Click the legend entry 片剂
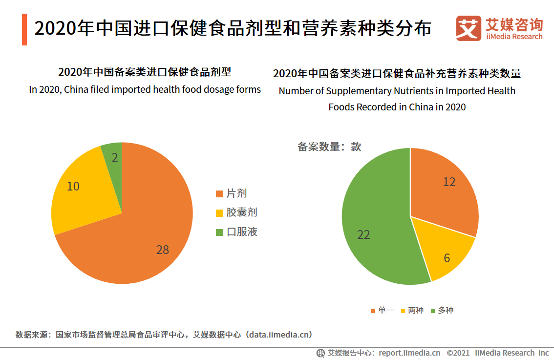click(x=231, y=193)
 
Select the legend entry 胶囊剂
click(x=236, y=212)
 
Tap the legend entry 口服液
click(x=236, y=232)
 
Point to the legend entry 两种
click(x=411, y=310)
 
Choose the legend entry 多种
click(x=441, y=310)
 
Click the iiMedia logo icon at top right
click(x=468, y=28)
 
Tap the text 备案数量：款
click(x=329, y=146)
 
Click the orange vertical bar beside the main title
click(x=24, y=29)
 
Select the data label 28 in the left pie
click(x=163, y=250)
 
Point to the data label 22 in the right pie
click(x=363, y=234)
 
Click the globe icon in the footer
click(x=321, y=353)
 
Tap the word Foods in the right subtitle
click(x=340, y=106)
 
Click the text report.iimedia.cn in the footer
click(x=409, y=353)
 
